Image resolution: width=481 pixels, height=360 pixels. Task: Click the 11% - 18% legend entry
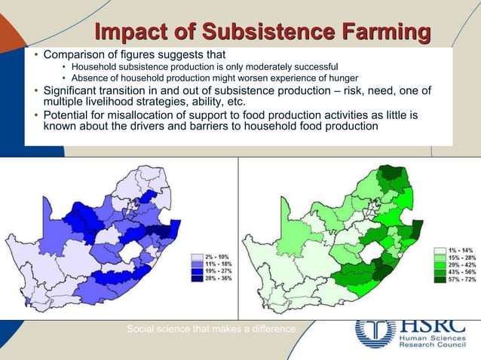[213, 264]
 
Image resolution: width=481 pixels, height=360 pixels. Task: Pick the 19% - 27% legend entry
[213, 272]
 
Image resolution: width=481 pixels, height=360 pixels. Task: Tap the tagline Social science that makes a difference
[211, 328]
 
